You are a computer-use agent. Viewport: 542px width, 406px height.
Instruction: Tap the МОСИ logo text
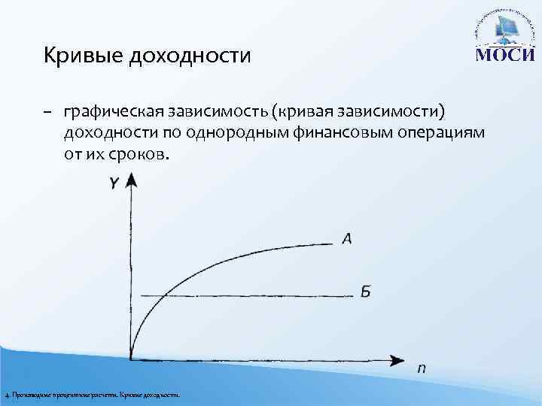click(x=502, y=56)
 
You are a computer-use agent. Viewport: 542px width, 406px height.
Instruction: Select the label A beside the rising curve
click(x=347, y=239)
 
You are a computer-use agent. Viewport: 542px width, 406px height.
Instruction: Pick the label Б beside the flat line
click(x=365, y=292)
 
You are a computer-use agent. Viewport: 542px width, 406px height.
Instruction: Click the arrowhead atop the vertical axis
click(x=131, y=180)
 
